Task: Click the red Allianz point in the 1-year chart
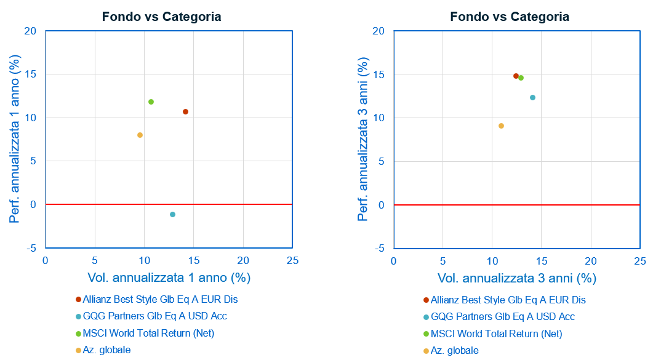tap(185, 111)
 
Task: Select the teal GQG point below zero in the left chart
tap(172, 214)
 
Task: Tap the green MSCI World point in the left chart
tap(151, 102)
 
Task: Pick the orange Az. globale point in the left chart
tap(140, 135)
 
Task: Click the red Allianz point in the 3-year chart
tap(516, 76)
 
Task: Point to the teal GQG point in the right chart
tap(532, 97)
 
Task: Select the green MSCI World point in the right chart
tap(521, 78)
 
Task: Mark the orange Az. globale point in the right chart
tap(501, 126)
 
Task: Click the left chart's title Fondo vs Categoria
tap(161, 17)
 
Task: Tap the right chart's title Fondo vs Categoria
tap(510, 17)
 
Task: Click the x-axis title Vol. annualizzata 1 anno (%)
tap(169, 278)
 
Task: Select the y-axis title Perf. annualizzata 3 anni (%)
tap(364, 140)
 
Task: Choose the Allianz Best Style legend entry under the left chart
tap(160, 300)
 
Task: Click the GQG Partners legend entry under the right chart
tap(502, 317)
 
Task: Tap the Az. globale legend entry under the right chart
tap(454, 351)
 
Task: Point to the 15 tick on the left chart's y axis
tap(31, 74)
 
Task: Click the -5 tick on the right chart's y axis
tap(379, 248)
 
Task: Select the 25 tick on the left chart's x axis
tap(292, 260)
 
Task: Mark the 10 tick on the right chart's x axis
tap(492, 260)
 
